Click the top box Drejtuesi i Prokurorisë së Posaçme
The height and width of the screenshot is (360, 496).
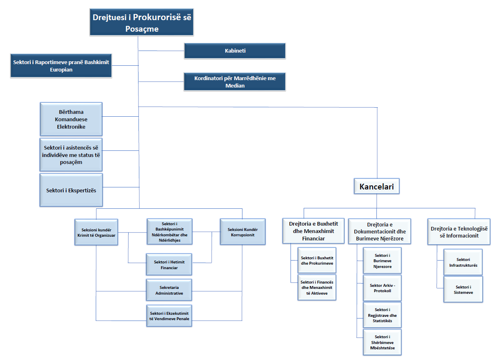coord(141,23)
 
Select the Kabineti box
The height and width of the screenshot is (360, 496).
coord(235,51)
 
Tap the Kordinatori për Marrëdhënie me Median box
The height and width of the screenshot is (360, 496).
coord(235,82)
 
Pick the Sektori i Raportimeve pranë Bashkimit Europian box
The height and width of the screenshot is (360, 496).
coord(61,66)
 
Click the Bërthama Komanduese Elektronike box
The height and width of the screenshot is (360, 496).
coord(71,119)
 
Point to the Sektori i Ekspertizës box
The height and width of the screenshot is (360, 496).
coord(71,190)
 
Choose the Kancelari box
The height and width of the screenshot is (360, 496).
coord(376,187)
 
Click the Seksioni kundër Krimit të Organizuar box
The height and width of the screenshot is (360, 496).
coord(97,232)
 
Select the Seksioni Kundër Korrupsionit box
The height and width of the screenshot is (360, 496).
coord(242,232)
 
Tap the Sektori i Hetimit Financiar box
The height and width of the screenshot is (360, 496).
coord(169,265)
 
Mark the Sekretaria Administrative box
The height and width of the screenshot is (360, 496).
coord(169,290)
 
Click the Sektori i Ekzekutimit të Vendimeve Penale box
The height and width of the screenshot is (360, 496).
coord(169,316)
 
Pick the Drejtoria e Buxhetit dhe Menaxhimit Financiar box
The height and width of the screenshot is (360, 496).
coord(314,231)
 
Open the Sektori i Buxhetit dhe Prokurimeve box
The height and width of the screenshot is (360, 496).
coord(317,261)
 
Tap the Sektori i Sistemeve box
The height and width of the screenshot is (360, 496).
coord(463,290)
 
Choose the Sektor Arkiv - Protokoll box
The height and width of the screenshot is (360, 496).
coord(382,288)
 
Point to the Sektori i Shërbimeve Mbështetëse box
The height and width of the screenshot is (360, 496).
coord(382,342)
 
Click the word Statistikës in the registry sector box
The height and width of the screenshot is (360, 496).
coord(382,321)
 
